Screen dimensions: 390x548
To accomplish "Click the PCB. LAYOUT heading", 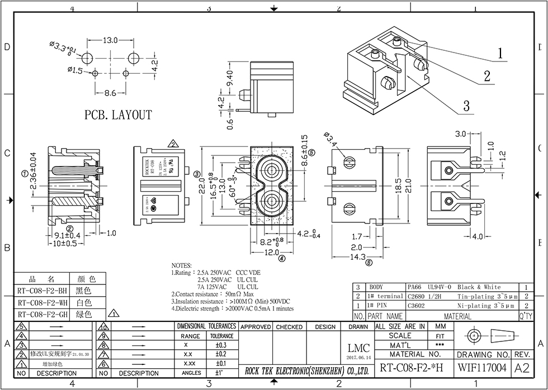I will click(118, 116).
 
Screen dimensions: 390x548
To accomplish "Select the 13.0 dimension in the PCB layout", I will click(110, 40).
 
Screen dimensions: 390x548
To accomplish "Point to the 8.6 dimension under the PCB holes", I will click(110, 93).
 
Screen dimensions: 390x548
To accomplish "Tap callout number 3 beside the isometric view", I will click(465, 106).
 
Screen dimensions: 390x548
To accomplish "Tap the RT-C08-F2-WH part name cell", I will click(42, 302).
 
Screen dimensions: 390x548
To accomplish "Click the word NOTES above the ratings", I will click(182, 265).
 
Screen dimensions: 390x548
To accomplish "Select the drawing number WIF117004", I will click(482, 368).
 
